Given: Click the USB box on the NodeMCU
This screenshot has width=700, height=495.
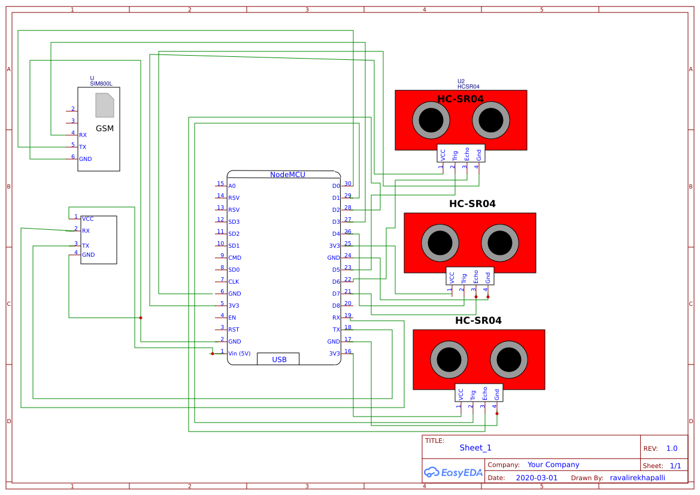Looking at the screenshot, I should click(x=278, y=359).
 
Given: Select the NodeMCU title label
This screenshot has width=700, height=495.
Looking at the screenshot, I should click(x=287, y=175).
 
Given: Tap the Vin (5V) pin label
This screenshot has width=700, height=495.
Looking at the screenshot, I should click(x=240, y=353).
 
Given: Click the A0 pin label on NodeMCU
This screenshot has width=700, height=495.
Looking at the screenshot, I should click(x=232, y=186).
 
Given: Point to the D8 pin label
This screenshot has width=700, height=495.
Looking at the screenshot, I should click(x=336, y=306).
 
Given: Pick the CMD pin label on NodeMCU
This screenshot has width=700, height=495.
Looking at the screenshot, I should click(x=235, y=258).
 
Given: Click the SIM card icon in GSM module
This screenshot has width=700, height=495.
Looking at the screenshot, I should click(x=105, y=105).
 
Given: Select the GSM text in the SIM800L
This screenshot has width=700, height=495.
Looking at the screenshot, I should click(x=105, y=128).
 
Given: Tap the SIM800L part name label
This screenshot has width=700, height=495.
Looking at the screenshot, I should click(x=101, y=84).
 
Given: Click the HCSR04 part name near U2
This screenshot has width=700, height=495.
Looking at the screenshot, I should click(x=468, y=87).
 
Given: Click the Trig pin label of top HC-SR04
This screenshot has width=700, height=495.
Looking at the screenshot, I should click(x=455, y=154).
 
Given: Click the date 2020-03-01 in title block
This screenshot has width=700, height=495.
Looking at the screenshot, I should click(x=537, y=478).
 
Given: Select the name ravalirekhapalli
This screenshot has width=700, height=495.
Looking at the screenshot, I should click(x=637, y=478).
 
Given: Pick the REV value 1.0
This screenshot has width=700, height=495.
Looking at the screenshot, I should click(x=671, y=448).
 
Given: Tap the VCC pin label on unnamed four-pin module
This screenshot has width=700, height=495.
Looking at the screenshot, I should click(x=87, y=219).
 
